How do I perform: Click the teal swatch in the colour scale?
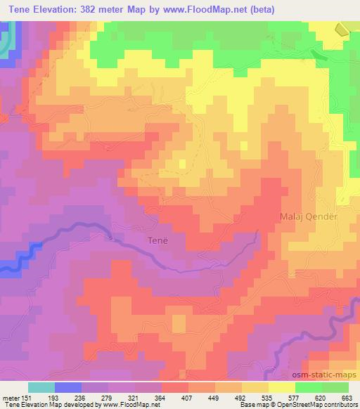pos(41,387)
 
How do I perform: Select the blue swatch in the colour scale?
pos(68,387)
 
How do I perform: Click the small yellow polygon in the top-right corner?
pos(341,29)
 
